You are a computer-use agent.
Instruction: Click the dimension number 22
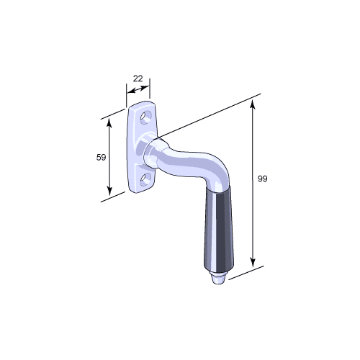[x=138, y=78]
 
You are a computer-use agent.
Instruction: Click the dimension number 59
[x=101, y=158]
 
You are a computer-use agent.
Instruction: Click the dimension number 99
[x=262, y=179]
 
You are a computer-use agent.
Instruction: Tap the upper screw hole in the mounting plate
[x=146, y=117]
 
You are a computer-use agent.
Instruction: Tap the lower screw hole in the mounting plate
[x=145, y=180]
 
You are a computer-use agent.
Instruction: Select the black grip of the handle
[x=219, y=230]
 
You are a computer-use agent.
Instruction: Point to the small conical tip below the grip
[x=218, y=279]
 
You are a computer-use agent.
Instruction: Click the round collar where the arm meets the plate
[x=153, y=152]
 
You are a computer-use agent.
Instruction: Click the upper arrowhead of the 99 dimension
[x=252, y=105]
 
